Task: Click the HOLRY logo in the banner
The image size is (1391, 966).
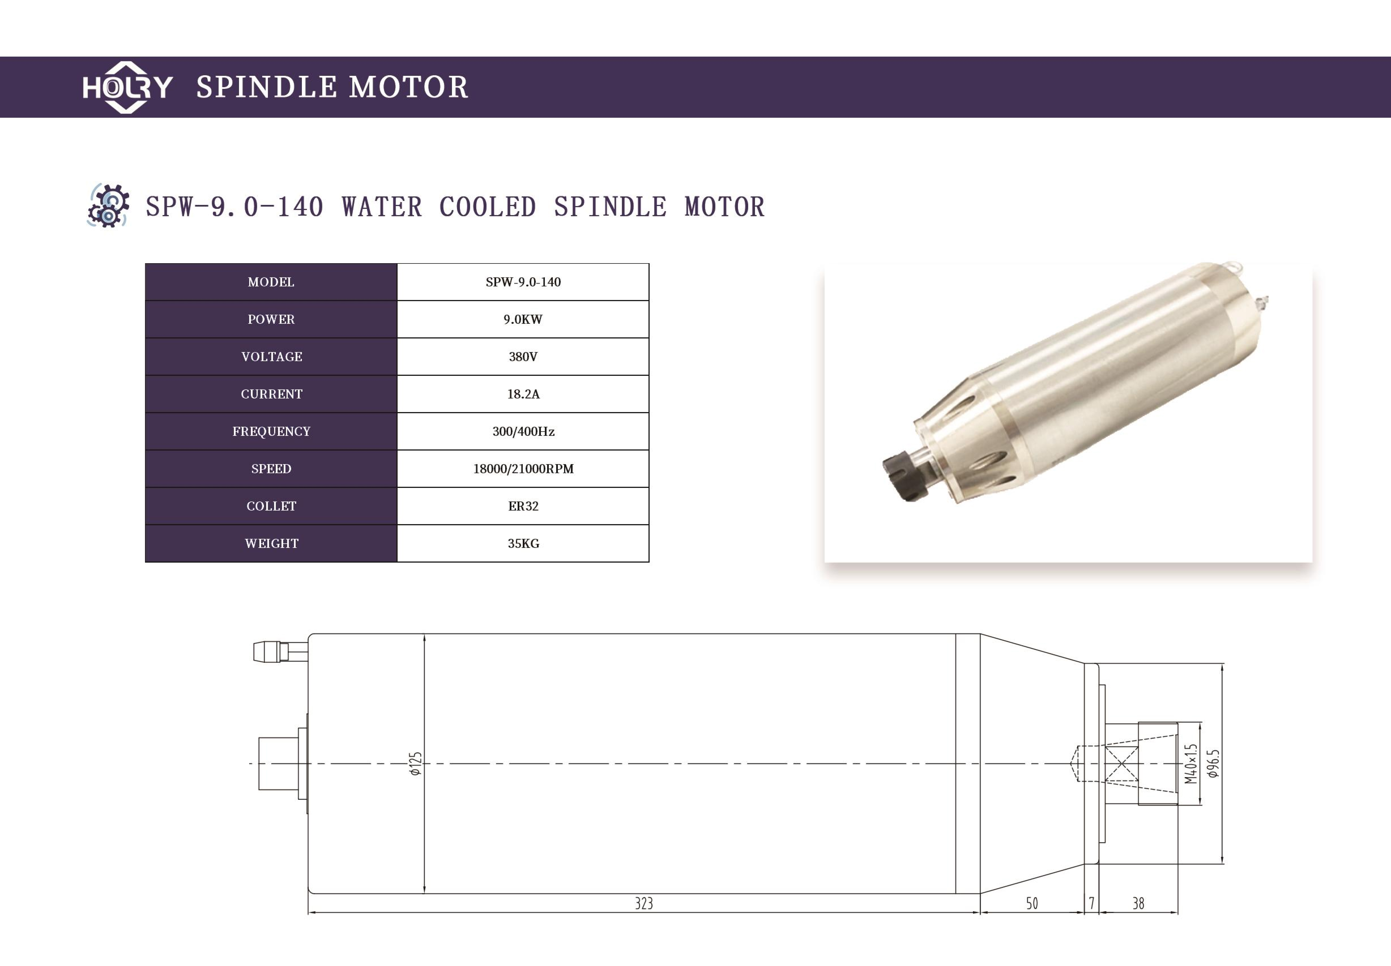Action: [127, 87]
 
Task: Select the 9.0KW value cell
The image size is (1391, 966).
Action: [523, 319]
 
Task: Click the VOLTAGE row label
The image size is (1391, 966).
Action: [271, 357]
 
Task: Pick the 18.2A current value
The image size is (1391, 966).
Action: [523, 394]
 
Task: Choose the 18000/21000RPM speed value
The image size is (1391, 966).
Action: [523, 468]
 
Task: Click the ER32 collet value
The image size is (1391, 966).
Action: [523, 506]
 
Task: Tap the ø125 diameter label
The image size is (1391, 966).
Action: [415, 764]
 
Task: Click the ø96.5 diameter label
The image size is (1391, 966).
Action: [1213, 764]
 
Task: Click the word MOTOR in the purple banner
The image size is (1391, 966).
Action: [409, 87]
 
